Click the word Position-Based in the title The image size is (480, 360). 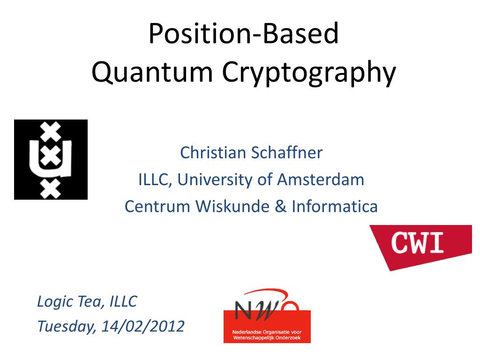click(x=244, y=33)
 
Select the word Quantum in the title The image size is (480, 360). click(x=152, y=72)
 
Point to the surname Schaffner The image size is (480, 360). click(x=287, y=152)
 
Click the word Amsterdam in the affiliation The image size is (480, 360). click(x=321, y=180)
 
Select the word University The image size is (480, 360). click(x=215, y=180)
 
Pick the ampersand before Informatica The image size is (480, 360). click(x=280, y=206)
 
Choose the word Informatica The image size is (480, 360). click(x=335, y=206)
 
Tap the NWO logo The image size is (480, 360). click(x=267, y=316)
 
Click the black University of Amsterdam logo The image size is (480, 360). click(x=51, y=159)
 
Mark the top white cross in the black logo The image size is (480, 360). click(x=50, y=131)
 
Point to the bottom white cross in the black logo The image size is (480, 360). click(x=50, y=189)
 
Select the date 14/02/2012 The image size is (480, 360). click(x=143, y=326)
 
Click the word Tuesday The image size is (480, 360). click(x=67, y=327)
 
